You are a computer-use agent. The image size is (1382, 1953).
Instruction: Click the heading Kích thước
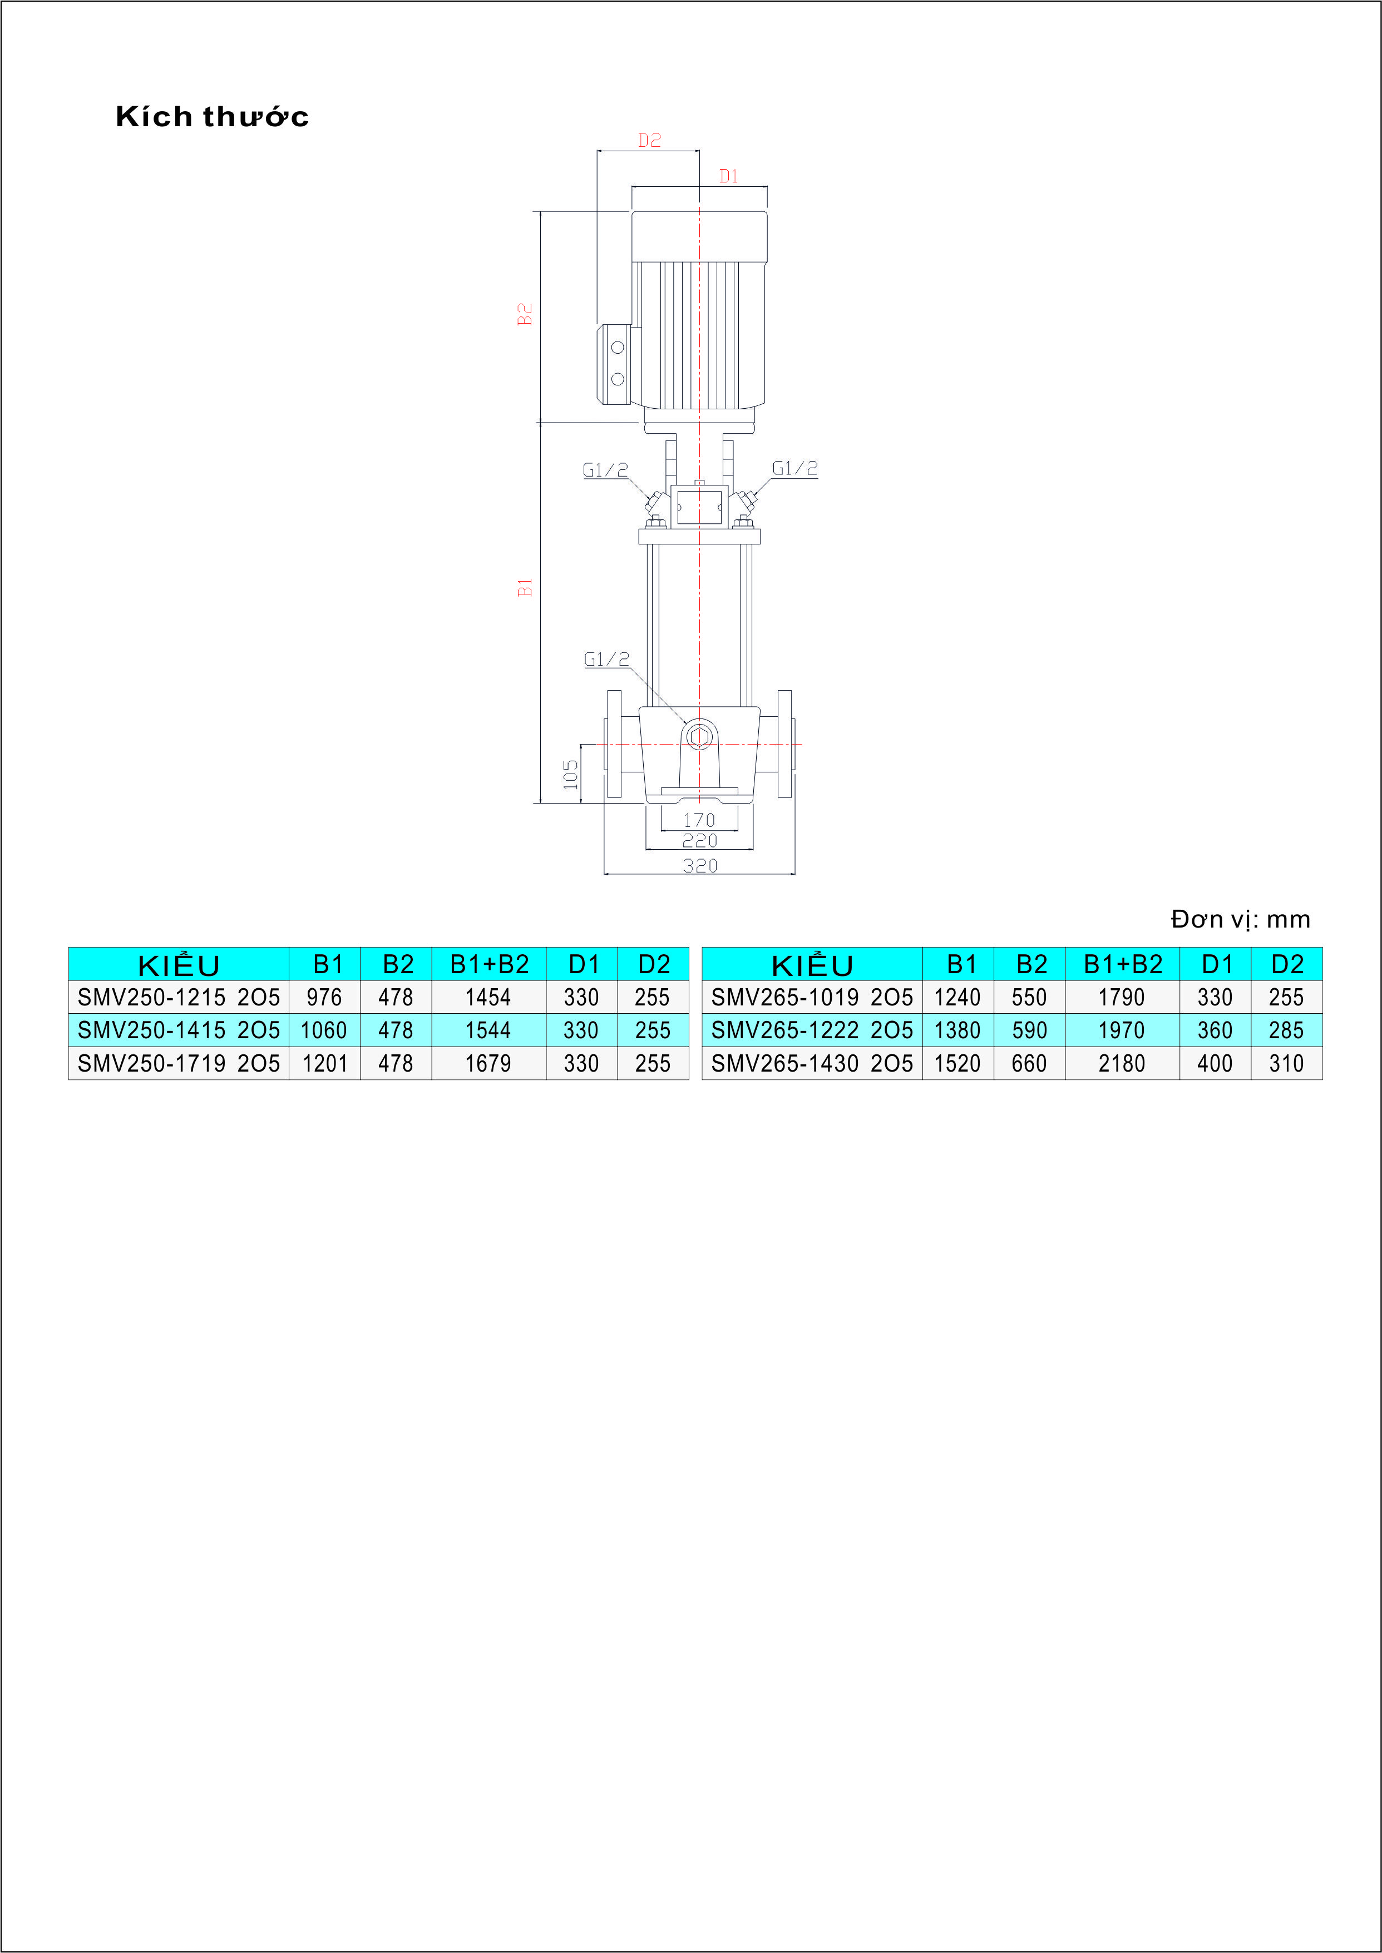[x=212, y=117]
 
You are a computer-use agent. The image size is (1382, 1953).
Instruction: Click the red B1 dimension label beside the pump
[x=525, y=587]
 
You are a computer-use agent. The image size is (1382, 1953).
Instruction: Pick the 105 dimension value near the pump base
[x=570, y=774]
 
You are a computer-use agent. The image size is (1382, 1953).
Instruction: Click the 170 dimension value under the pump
[x=699, y=820]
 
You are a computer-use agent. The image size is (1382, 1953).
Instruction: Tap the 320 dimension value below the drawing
[x=700, y=866]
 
